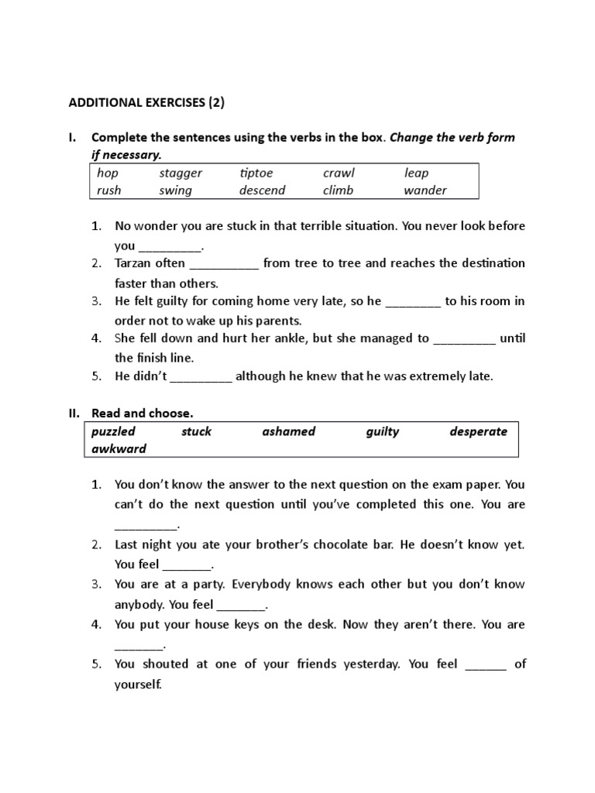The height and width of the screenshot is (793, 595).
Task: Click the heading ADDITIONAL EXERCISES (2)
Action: tap(147, 101)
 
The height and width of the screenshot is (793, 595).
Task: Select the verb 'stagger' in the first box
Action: tap(181, 173)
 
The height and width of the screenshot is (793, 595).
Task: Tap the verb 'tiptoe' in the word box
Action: tap(256, 173)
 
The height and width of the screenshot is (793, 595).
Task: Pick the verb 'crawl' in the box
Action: tap(338, 173)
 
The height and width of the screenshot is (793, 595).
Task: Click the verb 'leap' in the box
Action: tap(416, 173)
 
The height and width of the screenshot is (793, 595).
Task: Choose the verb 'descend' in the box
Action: tap(262, 190)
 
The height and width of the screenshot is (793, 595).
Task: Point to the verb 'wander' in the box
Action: tap(425, 190)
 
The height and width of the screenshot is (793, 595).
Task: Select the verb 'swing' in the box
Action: tap(175, 190)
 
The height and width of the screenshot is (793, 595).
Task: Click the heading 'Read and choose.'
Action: tap(142, 414)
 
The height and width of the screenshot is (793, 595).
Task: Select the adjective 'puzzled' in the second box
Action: tap(113, 431)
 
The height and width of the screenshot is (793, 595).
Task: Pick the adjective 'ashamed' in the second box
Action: tap(289, 431)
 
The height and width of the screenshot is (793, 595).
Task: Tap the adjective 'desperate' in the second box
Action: tap(478, 431)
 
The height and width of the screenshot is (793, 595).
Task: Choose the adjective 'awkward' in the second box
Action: tap(119, 448)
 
